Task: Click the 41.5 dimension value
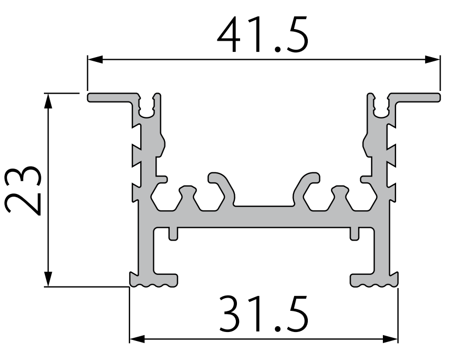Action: [x=262, y=35]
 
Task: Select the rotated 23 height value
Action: [x=23, y=190]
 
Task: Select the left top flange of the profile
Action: [x=111, y=98]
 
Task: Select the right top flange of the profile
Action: [x=416, y=98]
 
